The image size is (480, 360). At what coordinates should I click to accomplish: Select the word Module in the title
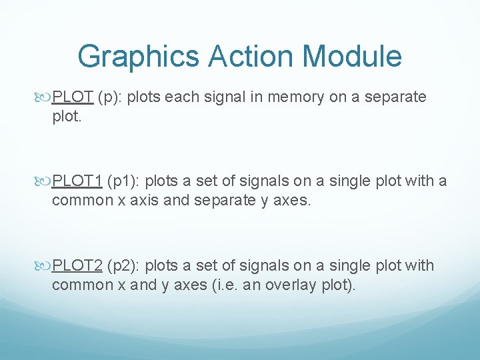(356, 57)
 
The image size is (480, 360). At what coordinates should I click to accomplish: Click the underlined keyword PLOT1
(77, 181)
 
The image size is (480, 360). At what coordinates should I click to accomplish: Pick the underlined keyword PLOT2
(77, 265)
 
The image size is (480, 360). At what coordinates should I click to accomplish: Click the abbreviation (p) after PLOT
(109, 97)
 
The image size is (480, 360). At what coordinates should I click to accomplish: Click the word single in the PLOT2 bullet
(350, 265)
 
